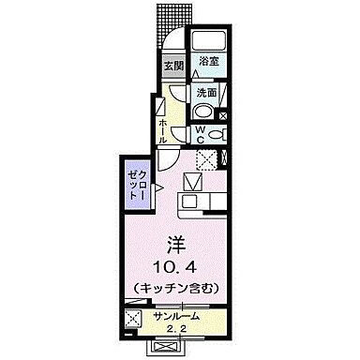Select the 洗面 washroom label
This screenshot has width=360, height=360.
pyautogui.click(x=206, y=93)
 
